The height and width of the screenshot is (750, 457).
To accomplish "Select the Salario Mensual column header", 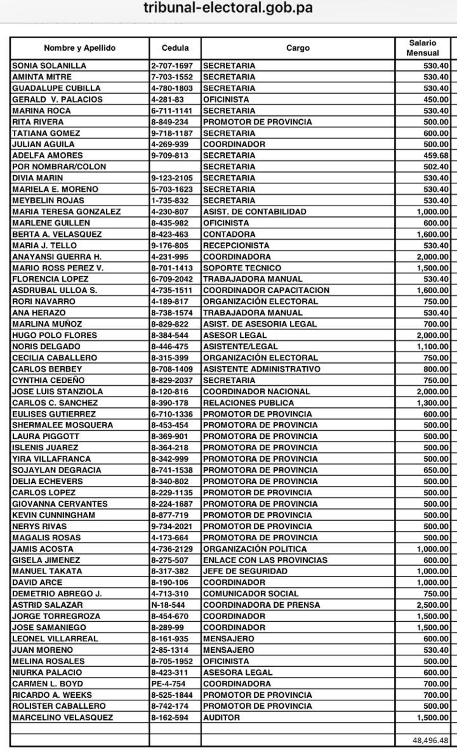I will [x=422, y=48].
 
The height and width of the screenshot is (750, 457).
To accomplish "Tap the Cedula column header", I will [x=175, y=48].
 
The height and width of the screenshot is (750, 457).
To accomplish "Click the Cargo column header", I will [x=297, y=48].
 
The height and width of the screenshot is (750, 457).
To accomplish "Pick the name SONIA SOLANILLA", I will [x=49, y=65].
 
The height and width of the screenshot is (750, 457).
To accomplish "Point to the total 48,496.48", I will [x=430, y=740].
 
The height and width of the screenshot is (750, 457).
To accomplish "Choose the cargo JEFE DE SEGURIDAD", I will [x=245, y=571].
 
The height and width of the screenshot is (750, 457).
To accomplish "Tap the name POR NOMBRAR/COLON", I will [x=59, y=167].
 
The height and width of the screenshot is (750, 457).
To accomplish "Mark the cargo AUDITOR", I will [x=221, y=718].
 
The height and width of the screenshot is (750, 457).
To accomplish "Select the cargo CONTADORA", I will [x=229, y=234].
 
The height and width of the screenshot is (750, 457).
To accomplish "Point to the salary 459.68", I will [x=436, y=155].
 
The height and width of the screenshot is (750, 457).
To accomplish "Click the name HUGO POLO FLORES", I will [x=54, y=335].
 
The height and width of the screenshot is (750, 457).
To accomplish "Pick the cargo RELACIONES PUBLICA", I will [x=248, y=403].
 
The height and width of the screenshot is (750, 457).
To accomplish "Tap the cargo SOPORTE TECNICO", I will [x=242, y=268].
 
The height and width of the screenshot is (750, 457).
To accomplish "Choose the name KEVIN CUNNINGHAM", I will [x=54, y=515].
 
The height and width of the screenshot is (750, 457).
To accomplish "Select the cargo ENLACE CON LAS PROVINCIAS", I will [x=265, y=560].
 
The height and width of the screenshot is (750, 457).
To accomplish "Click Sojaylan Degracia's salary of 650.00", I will [x=436, y=470].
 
